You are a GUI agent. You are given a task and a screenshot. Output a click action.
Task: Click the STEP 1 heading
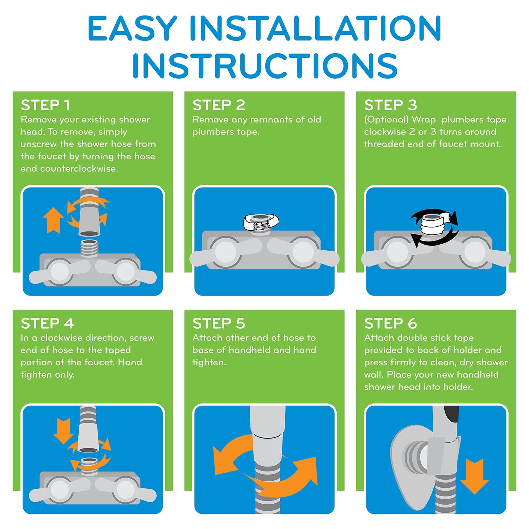click(x=45, y=105)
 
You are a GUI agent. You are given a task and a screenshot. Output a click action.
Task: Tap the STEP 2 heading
click(x=219, y=105)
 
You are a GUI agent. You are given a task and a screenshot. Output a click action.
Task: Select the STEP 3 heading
click(x=390, y=105)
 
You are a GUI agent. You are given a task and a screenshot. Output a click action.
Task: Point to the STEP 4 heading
click(x=47, y=323)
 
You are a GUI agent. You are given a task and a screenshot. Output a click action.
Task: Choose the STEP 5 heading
click(x=219, y=323)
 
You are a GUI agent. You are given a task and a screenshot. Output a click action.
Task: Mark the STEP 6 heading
click(x=390, y=323)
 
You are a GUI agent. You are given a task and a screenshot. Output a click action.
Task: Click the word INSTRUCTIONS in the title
click(x=265, y=66)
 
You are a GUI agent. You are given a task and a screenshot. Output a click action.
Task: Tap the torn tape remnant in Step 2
click(x=261, y=222)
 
